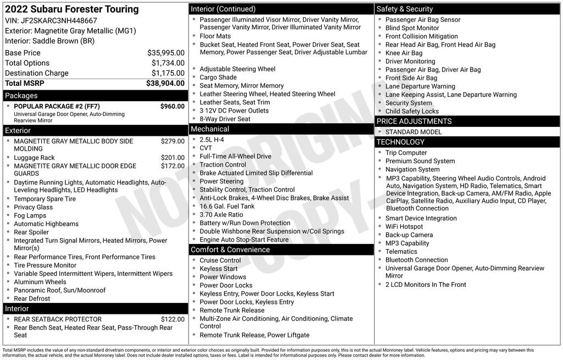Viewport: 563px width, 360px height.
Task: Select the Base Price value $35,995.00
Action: pos(165,53)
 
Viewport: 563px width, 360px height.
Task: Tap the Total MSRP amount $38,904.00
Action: pos(165,83)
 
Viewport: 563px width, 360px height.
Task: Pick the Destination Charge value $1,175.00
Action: pos(168,73)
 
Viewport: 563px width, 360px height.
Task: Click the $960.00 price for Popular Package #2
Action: pos(172,106)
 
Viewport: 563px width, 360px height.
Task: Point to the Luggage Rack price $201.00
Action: pos(173,158)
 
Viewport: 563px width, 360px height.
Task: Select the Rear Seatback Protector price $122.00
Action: pos(173,319)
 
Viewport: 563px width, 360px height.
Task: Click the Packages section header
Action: pos(21,96)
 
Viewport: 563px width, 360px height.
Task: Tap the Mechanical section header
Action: pos(209,129)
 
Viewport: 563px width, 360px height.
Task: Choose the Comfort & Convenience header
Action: pos(230,250)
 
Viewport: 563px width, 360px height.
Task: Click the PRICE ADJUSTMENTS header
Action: pos(413,121)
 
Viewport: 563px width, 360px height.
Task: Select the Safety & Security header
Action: pos(405,9)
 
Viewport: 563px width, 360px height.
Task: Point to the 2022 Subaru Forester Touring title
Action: pos(72,9)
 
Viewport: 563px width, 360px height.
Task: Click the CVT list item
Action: pos(206,148)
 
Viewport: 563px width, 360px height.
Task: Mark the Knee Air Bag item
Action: pos(404,53)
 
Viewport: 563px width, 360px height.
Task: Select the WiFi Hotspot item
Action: pos(404,226)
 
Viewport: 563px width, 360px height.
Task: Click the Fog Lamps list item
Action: pos(31,215)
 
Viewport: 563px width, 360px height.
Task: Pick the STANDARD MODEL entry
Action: pos(413,132)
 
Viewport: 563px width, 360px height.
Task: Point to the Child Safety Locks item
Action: pos(412,111)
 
